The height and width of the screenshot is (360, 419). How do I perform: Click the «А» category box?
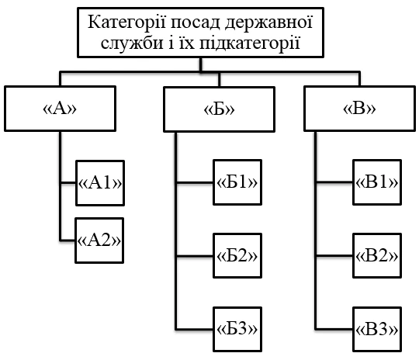tap(61, 109)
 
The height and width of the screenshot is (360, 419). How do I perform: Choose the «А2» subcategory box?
tap(101, 238)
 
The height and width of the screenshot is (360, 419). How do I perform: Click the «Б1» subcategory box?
tap(236, 183)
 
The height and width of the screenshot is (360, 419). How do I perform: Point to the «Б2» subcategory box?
tap(236, 256)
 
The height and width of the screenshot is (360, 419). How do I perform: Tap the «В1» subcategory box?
tap(376, 183)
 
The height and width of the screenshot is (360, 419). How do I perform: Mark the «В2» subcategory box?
tap(376, 256)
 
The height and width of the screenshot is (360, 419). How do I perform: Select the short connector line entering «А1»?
tap(68, 183)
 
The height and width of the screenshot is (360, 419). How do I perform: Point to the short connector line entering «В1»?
tap(334, 184)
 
